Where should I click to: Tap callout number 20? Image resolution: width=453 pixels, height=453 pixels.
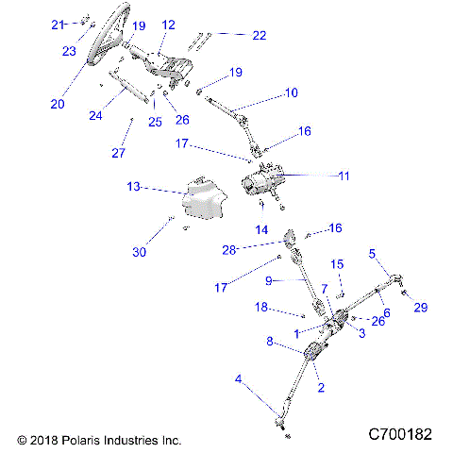[x=58, y=104]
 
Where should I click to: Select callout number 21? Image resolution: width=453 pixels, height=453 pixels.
[x=58, y=24]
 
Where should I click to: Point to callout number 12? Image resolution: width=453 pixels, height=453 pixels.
[x=168, y=25]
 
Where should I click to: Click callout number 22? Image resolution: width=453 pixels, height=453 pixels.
[x=259, y=35]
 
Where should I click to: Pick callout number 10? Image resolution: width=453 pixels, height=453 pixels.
[x=292, y=92]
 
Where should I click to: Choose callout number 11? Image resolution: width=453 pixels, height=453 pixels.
[x=343, y=176]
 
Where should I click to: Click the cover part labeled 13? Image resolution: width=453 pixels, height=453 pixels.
[x=206, y=199]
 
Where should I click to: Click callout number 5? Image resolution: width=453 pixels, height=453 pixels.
[x=373, y=253]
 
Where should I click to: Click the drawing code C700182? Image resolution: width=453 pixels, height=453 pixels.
[x=400, y=435]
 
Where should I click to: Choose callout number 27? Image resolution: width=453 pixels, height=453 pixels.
[x=118, y=153]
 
